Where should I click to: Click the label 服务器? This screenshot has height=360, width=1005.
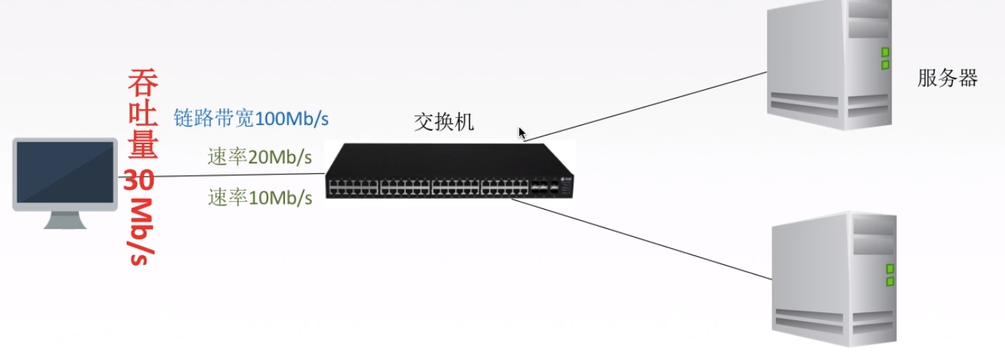(x=947, y=79)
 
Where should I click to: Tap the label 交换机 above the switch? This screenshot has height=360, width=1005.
(x=444, y=122)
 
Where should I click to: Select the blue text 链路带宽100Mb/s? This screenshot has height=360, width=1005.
(x=251, y=118)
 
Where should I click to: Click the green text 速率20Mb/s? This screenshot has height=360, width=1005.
(x=260, y=158)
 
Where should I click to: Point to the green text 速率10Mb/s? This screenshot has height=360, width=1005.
(x=260, y=197)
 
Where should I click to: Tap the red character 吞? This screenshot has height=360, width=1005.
(x=143, y=83)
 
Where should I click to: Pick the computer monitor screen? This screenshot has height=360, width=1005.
(x=66, y=170)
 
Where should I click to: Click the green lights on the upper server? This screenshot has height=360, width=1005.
(x=885, y=58)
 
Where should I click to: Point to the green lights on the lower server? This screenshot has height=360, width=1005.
(x=890, y=275)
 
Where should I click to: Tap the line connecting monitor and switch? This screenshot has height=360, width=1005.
(x=221, y=175)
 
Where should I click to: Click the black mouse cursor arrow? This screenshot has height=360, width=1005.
(x=521, y=133)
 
